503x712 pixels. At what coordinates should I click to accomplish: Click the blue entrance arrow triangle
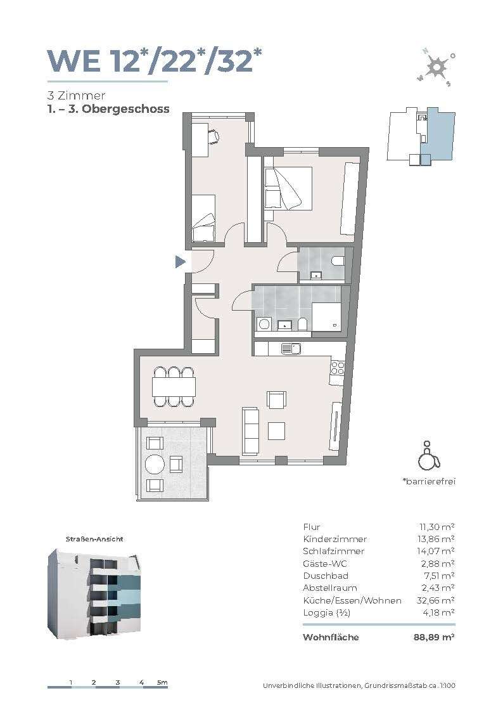pyautogui.click(x=180, y=262)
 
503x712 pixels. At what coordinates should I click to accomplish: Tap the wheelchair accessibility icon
pyautogui.click(x=429, y=455)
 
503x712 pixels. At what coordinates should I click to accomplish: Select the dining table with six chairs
pyautogui.click(x=174, y=386)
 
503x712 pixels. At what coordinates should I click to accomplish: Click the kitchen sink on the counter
pyautogui.click(x=291, y=349)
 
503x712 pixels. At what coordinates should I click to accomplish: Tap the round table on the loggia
pyautogui.click(x=154, y=465)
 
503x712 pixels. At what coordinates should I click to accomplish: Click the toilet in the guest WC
pyautogui.click(x=338, y=261)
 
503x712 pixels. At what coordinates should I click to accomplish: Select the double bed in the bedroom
pyautogui.click(x=288, y=188)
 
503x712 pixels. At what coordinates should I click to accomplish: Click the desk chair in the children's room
pyautogui.click(x=214, y=135)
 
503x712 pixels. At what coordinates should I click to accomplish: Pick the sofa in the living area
pyautogui.click(x=251, y=430)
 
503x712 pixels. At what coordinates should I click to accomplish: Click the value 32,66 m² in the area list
pyautogui.click(x=435, y=600)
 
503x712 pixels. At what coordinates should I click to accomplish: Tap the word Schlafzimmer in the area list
pyautogui.click(x=333, y=551)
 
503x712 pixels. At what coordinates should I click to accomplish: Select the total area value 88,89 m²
pyautogui.click(x=434, y=637)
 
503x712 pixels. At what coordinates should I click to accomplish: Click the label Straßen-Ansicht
pyautogui.click(x=94, y=539)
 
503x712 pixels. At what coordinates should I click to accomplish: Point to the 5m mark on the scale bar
pyautogui.click(x=162, y=682)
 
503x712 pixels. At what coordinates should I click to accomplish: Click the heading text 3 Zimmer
pyautogui.click(x=76, y=95)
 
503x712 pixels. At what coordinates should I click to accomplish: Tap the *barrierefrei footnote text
pyautogui.click(x=429, y=481)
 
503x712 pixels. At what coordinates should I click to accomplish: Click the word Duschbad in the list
pyautogui.click(x=326, y=576)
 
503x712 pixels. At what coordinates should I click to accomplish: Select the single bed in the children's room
pyautogui.click(x=203, y=218)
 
